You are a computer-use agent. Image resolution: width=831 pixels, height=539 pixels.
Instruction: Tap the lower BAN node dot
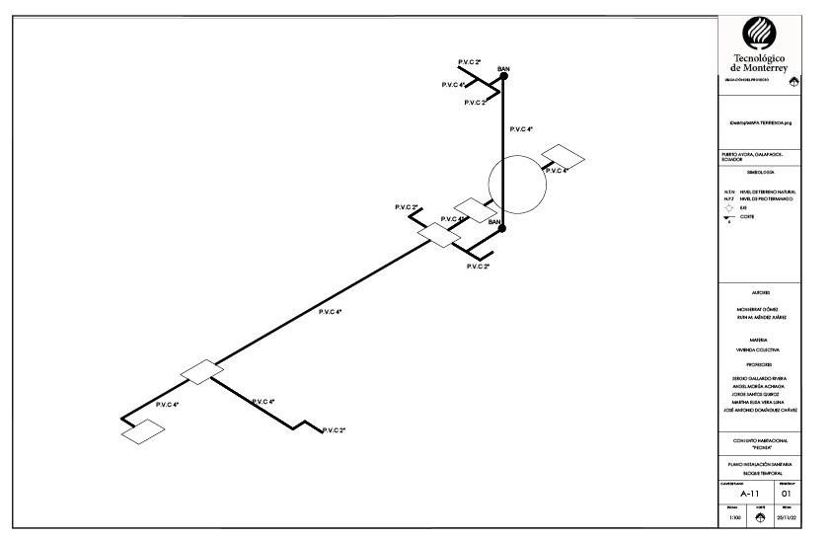(x=502, y=228)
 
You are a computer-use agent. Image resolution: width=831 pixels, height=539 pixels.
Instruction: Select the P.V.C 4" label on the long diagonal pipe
(x=331, y=312)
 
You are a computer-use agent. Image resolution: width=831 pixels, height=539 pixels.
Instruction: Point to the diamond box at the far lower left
(x=143, y=431)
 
